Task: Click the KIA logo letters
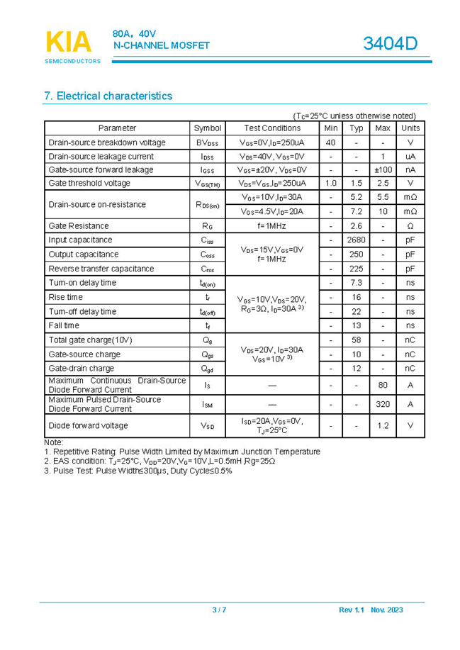pyautogui.click(x=69, y=42)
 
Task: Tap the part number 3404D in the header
pyautogui.click(x=390, y=44)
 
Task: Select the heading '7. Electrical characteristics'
pyautogui.click(x=108, y=96)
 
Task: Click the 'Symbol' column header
pyautogui.click(x=208, y=128)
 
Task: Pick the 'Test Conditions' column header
pyautogui.click(x=272, y=128)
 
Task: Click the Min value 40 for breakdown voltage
pyautogui.click(x=330, y=142)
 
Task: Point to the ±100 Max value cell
pyautogui.click(x=383, y=170)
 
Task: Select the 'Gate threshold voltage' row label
pyautogui.click(x=89, y=184)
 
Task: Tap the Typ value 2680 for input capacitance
pyautogui.click(x=357, y=240)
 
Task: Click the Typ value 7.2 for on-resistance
pyautogui.click(x=357, y=212)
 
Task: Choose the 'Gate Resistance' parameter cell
pyautogui.click(x=79, y=226)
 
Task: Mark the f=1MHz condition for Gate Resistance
pyautogui.click(x=272, y=226)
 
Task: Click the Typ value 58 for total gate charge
pyautogui.click(x=357, y=340)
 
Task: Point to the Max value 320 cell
pyautogui.click(x=383, y=404)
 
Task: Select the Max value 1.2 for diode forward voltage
pyautogui.click(x=383, y=426)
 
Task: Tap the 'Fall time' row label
pyautogui.click(x=64, y=326)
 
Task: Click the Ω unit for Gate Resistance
pyautogui.click(x=410, y=226)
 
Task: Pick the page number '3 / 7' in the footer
pyautogui.click(x=219, y=610)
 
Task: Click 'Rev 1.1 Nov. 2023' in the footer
pyautogui.click(x=371, y=610)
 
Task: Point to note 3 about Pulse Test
pyautogui.click(x=138, y=471)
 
